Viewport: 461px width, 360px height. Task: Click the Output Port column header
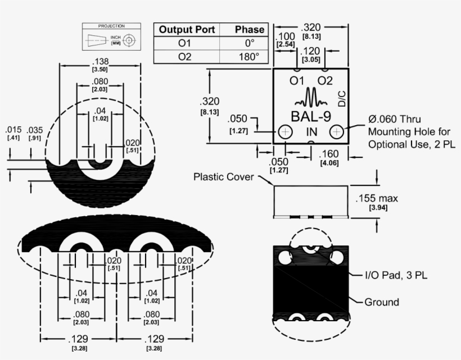click(187, 30)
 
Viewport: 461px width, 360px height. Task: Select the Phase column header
click(242, 30)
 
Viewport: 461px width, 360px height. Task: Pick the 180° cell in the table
click(242, 57)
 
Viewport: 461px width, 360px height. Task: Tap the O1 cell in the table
click(187, 43)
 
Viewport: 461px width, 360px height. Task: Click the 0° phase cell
click(242, 43)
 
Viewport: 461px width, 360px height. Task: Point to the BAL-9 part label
click(311, 116)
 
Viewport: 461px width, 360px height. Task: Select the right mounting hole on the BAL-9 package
click(337, 131)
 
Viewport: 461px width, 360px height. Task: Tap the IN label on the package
click(311, 131)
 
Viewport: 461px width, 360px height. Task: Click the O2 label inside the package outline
click(325, 81)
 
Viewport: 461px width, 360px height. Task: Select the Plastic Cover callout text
click(224, 176)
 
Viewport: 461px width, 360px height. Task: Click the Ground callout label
click(382, 302)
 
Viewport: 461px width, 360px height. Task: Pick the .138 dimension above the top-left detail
click(100, 61)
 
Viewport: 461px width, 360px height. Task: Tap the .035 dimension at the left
click(34, 130)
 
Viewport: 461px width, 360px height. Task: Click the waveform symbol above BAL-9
click(310, 99)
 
